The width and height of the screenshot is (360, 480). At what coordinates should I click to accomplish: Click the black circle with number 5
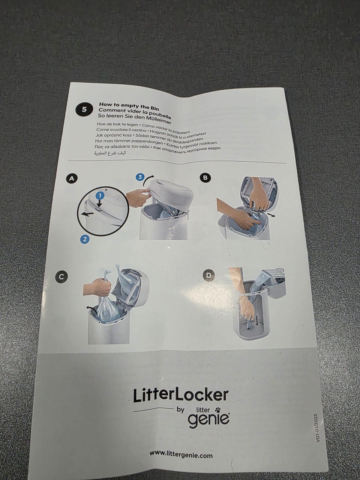[84, 109]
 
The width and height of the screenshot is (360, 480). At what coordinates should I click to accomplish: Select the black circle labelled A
[72, 178]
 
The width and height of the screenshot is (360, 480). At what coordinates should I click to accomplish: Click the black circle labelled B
[205, 178]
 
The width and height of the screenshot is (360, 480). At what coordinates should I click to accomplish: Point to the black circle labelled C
[61, 277]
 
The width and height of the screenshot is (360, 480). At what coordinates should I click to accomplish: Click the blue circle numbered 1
[100, 195]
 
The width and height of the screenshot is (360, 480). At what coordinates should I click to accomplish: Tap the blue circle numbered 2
[85, 239]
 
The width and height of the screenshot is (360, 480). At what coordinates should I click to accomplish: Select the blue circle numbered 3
[140, 177]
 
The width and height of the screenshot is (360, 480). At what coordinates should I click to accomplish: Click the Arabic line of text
[110, 153]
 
